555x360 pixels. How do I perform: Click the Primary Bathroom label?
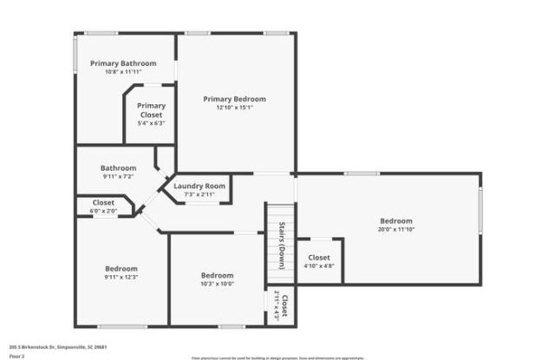pos(123,63)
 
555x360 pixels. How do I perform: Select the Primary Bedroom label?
pos(234,99)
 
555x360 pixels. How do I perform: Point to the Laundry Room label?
pos(199,186)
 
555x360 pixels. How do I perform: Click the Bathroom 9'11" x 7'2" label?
pos(118,167)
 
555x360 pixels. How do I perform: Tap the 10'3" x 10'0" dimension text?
pos(217,284)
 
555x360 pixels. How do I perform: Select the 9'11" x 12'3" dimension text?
pos(121,277)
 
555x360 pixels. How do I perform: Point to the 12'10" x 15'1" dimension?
pos(234,108)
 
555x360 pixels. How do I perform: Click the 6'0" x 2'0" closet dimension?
pos(102,211)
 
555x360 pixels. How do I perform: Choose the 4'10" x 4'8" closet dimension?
pos(319,266)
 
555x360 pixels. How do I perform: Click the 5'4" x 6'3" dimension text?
pos(151,123)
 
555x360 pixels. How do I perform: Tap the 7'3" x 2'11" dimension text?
pos(199,194)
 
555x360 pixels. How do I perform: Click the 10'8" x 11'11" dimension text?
pos(123,72)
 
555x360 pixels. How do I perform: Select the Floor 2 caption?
pos(18,355)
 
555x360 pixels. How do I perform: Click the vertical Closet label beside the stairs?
pos(284,306)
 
